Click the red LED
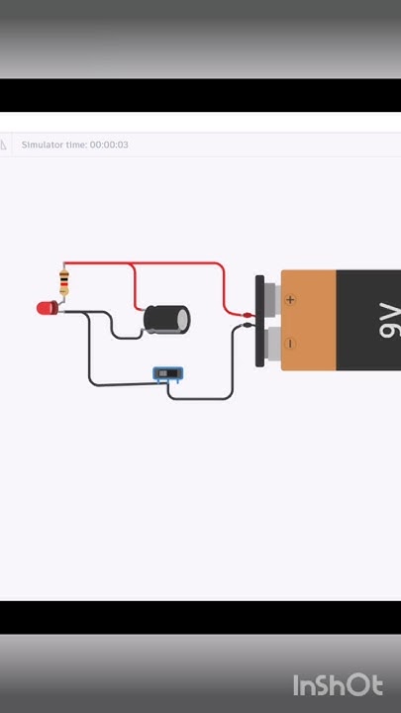(47, 308)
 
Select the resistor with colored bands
(64, 282)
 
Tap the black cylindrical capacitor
(163, 319)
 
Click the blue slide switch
(168, 374)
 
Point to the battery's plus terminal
(290, 298)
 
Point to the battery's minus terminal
(290, 344)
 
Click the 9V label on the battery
(389, 320)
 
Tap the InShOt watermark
(337, 685)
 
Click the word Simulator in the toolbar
(42, 145)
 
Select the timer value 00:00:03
(109, 145)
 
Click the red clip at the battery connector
(247, 315)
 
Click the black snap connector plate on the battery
(260, 321)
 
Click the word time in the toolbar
(75, 145)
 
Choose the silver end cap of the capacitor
(183, 319)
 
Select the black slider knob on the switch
(171, 374)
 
